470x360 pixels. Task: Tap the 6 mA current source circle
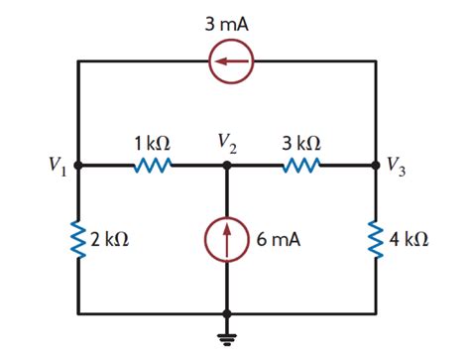tap(227, 240)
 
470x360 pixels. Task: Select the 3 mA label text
tap(226, 23)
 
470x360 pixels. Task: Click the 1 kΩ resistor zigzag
tap(152, 167)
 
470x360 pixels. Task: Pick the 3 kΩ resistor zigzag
tap(300, 167)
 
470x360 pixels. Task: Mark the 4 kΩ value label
tap(411, 240)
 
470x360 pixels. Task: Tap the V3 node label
tap(399, 165)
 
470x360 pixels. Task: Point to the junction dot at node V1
tap(78, 167)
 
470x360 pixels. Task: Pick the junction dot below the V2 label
tap(227, 167)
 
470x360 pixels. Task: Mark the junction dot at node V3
tap(376, 167)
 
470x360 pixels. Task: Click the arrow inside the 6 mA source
tap(227, 238)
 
